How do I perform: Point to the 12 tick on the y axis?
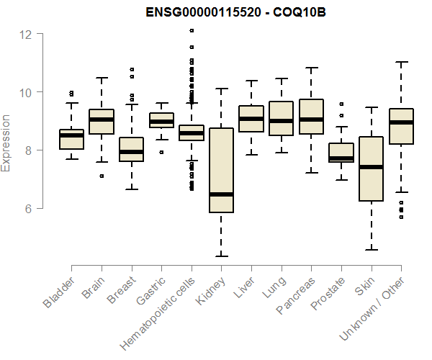26,34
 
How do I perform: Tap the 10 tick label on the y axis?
26,92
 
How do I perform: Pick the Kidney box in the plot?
221,170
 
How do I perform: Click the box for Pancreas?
311,117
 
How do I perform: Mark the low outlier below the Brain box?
102,176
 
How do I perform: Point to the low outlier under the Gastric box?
161,152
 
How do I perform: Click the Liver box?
251,119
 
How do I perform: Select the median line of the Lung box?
281,121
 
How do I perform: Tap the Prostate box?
341,153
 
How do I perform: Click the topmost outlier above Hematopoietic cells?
192,31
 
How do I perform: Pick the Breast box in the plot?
131,149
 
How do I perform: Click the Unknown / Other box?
401,127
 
